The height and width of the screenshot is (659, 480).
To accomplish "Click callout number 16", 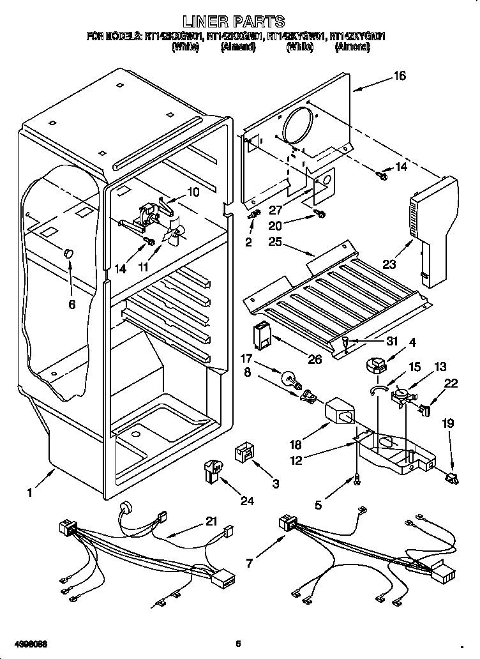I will tap(400, 76).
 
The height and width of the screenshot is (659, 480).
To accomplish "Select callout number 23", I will tap(389, 263).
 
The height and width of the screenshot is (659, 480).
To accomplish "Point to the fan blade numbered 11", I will tap(174, 234).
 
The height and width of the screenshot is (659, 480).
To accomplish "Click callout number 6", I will tap(71, 304).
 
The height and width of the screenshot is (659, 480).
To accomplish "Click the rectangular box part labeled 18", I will tap(341, 416).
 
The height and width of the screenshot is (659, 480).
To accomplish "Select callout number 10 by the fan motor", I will tap(193, 192).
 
